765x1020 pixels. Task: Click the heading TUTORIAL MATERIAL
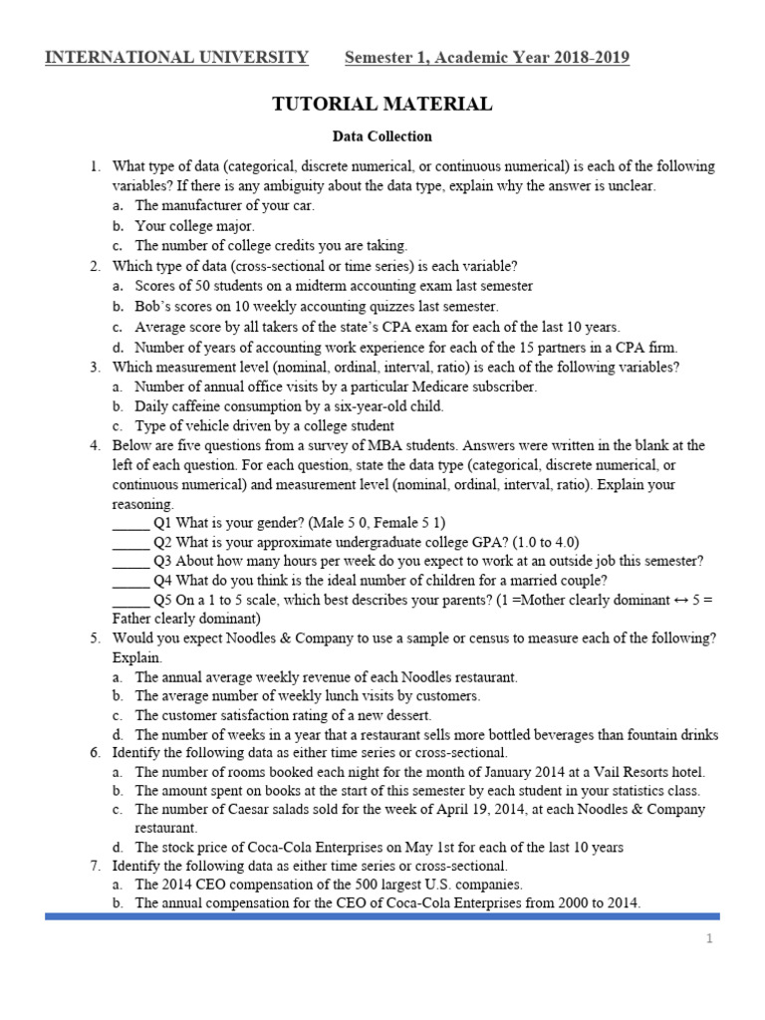pos(382,104)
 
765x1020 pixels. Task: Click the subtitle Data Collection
pos(382,136)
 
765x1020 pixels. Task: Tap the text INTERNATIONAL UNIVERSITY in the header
pos(177,58)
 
